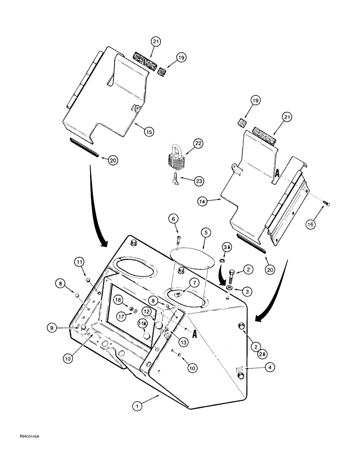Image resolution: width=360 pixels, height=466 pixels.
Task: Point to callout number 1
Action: [137, 406]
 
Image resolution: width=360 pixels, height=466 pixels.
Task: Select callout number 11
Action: [80, 262]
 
